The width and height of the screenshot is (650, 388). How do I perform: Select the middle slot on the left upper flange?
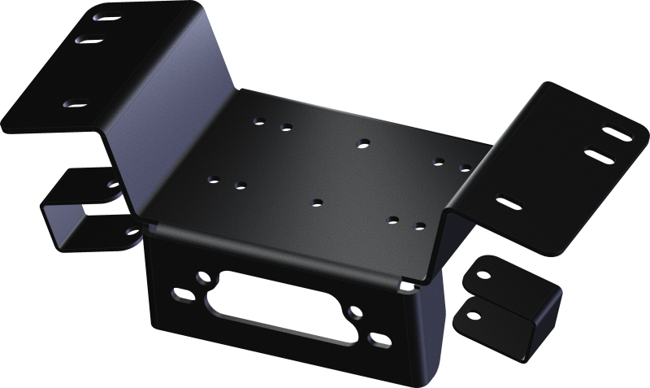[x=89, y=38]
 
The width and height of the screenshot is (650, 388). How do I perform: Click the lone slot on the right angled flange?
[x=509, y=201]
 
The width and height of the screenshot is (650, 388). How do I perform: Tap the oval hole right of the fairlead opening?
[x=376, y=337]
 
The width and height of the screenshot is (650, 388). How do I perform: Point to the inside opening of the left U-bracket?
[x=77, y=211]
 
